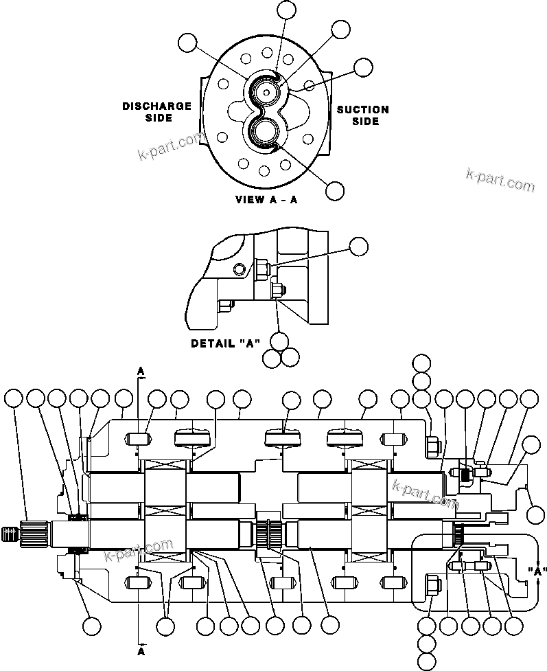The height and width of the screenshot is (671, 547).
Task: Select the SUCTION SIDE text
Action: [x=362, y=115]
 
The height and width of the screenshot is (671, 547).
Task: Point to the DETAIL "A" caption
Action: [x=224, y=343]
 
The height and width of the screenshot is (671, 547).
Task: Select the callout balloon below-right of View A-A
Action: [x=334, y=191]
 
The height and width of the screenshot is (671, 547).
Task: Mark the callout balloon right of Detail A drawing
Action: [x=358, y=246]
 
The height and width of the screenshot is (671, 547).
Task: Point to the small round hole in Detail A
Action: [x=238, y=267]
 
